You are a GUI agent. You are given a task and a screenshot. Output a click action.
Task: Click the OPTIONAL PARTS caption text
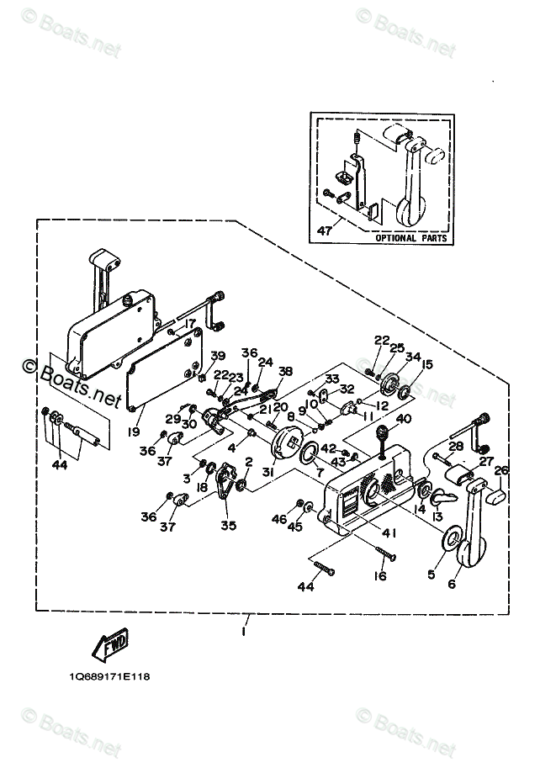(406, 238)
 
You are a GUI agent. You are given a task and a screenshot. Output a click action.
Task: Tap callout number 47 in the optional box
(323, 229)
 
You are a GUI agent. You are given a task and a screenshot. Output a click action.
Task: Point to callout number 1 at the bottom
(243, 630)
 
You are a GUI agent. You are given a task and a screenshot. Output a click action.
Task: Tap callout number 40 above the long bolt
(403, 419)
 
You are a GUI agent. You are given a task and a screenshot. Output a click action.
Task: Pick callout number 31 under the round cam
(268, 472)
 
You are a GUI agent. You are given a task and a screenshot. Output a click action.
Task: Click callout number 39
(218, 356)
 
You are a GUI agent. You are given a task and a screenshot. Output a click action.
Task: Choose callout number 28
(456, 446)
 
